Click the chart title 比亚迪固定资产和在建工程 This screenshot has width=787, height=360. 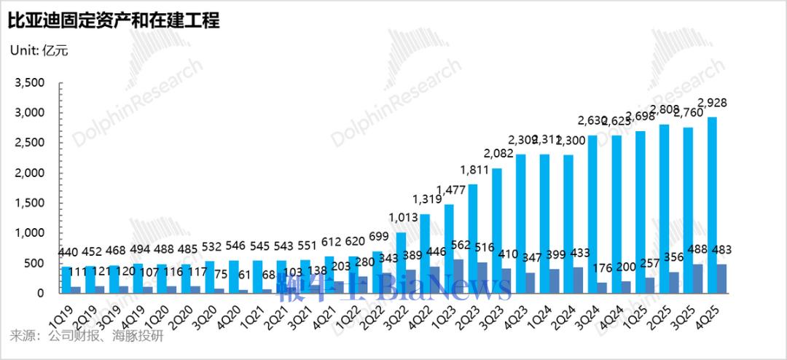tap(114, 20)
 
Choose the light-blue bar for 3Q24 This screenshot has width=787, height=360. tap(593, 214)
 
